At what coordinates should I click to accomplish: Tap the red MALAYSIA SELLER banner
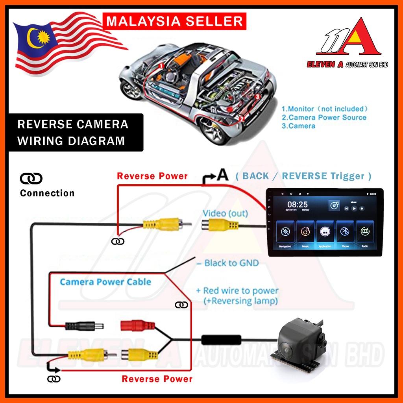point(175,21)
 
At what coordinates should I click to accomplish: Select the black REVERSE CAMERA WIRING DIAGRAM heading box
point(72,133)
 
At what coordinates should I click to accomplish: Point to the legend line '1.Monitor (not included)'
point(325,109)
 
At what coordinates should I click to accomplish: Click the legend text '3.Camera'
point(299,126)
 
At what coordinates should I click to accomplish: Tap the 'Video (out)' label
point(225,213)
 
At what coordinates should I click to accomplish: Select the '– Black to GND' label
point(227,263)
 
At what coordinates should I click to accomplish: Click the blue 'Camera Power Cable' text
point(105,282)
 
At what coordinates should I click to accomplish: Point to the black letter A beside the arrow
point(223,176)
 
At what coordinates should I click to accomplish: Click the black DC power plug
point(85,326)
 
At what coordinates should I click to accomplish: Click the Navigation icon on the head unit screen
point(285,233)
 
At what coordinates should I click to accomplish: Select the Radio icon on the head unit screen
point(365,233)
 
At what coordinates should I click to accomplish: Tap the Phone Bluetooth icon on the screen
point(345,233)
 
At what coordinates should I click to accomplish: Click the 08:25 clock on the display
point(298,205)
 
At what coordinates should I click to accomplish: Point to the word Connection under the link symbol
point(47,193)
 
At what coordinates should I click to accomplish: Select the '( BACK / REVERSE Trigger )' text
point(303,176)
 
